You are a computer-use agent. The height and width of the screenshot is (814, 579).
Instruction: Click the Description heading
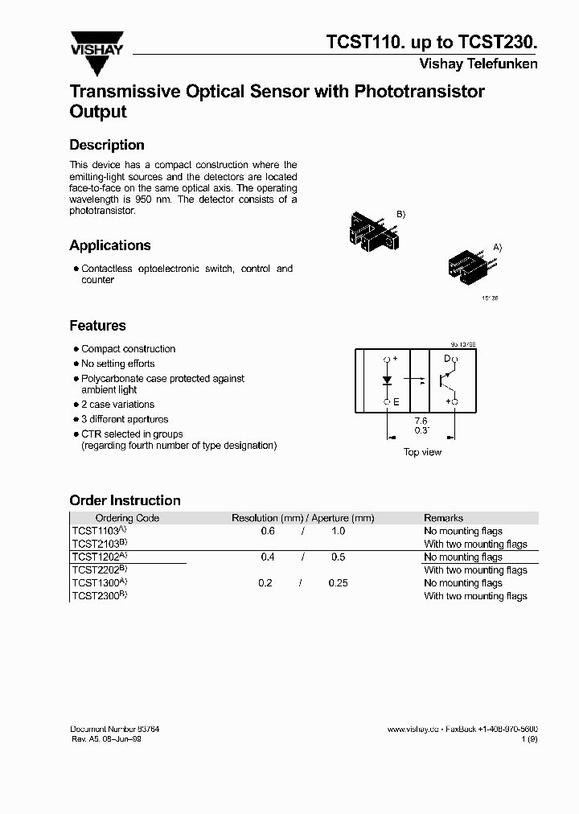[x=107, y=146]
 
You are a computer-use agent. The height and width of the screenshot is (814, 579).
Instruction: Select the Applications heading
[x=110, y=245]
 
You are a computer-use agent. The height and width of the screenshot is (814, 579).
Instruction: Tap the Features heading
[x=97, y=326]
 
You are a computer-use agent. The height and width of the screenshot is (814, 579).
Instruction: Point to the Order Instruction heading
[x=125, y=500]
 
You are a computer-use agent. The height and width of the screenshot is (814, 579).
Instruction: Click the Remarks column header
[x=443, y=518]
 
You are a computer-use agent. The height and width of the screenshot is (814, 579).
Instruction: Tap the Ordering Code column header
[x=127, y=518]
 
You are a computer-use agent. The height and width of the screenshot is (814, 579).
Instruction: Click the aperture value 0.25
[x=338, y=583]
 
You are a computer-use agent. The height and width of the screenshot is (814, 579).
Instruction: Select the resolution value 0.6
[x=268, y=531]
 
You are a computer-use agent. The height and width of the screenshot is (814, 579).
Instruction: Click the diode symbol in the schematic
[x=387, y=379]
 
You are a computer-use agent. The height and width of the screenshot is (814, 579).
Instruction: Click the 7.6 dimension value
[x=421, y=421]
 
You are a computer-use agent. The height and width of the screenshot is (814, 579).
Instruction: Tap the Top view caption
[x=422, y=452]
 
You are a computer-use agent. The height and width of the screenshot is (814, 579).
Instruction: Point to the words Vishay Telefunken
[x=478, y=64]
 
